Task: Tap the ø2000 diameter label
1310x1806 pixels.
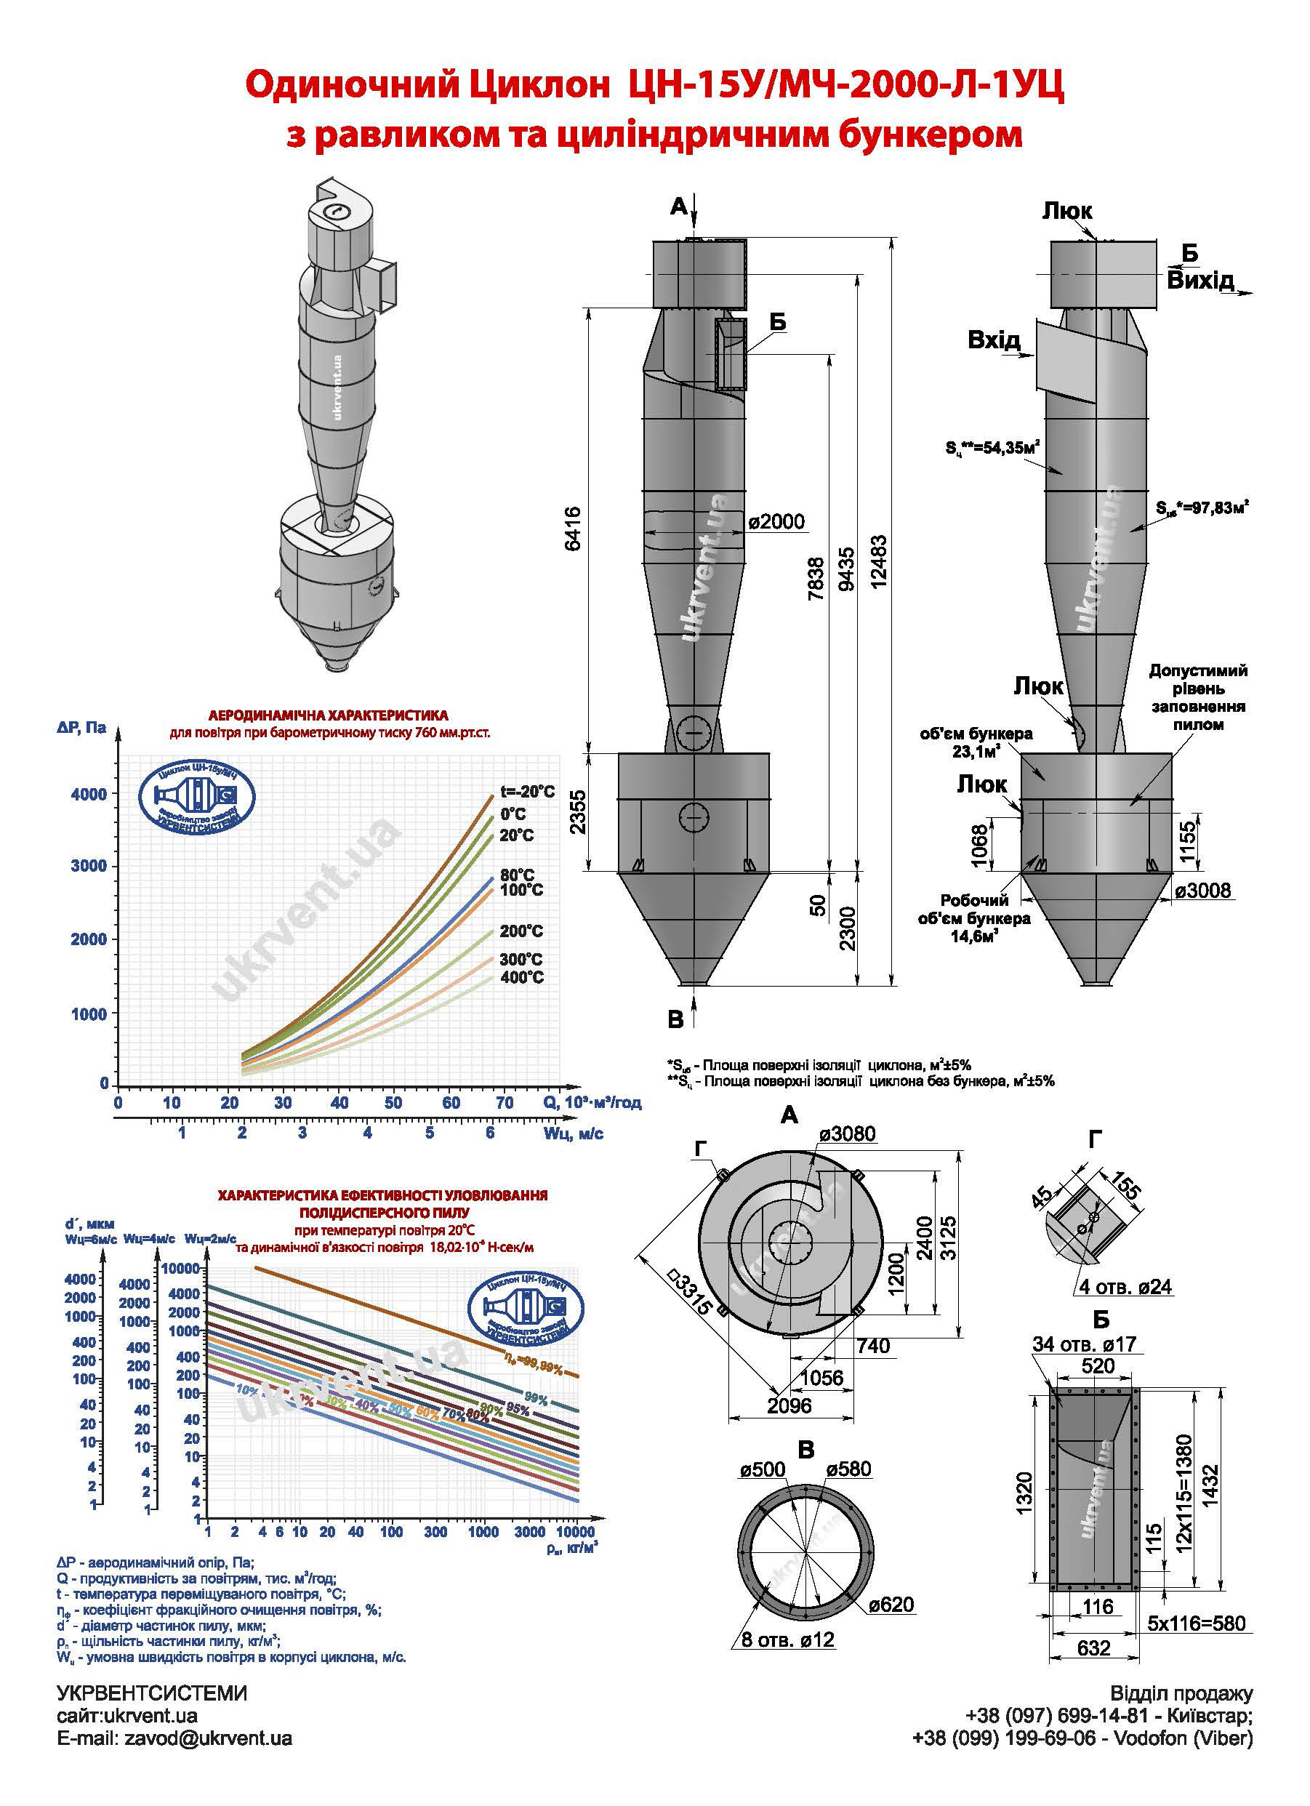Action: [x=776, y=521]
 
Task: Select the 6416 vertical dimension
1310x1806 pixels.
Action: [x=574, y=527]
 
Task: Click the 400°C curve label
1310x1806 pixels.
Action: [x=522, y=977]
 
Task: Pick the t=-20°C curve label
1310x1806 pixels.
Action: [x=527, y=792]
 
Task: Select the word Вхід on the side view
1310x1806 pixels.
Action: [x=994, y=341]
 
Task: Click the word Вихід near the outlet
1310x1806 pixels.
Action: [x=1201, y=281]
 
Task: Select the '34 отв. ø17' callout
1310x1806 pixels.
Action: [x=1084, y=1344]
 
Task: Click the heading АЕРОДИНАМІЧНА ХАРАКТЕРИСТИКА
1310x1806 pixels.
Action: [x=328, y=715]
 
